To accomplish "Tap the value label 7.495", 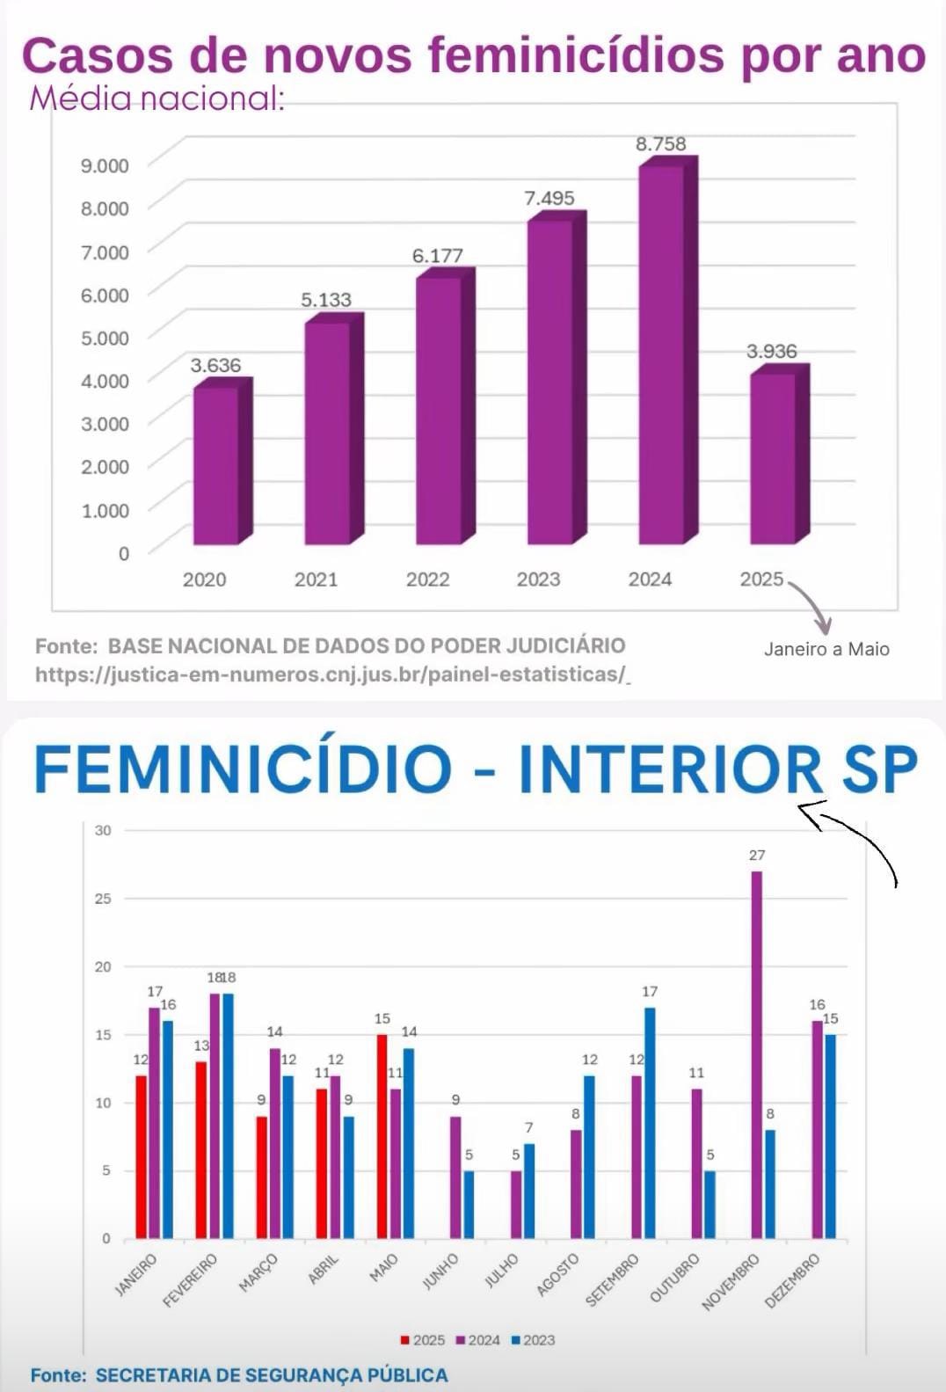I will (549, 199).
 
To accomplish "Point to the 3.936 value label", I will (771, 352).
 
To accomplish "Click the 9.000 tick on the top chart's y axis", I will (105, 165).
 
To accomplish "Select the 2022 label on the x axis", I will (427, 579).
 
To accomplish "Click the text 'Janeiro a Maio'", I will (826, 649).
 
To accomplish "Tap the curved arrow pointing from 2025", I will (812, 603).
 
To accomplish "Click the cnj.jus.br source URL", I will (332, 674).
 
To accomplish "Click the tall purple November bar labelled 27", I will (756, 1055).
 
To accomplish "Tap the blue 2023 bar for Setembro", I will (650, 1123).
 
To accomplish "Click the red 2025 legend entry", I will (423, 1340).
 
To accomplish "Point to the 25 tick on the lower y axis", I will (103, 899).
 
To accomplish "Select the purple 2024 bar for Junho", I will (455, 1177).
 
